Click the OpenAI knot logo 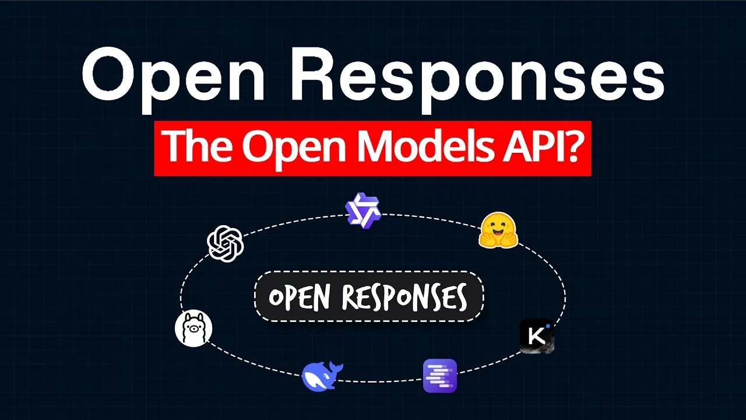pyautogui.click(x=226, y=243)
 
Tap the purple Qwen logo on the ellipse pyautogui.click(x=363, y=210)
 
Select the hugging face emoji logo pyautogui.click(x=498, y=230)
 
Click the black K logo pyautogui.click(x=536, y=337)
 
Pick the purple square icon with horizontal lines pyautogui.click(x=440, y=376)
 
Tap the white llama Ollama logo pyautogui.click(x=193, y=328)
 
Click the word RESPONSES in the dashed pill pyautogui.click(x=404, y=297)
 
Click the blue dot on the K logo pyautogui.click(x=548, y=326)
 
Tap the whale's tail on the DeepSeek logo pyautogui.click(x=337, y=367)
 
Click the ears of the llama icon pyautogui.click(x=193, y=317)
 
